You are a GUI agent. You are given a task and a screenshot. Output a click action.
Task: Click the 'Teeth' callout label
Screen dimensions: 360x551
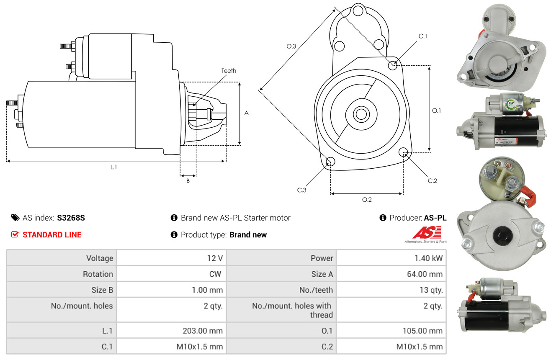(229, 71)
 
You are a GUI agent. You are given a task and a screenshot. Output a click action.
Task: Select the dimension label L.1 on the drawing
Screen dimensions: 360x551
(113, 167)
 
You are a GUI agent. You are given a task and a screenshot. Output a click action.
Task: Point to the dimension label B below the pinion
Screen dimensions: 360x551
(188, 181)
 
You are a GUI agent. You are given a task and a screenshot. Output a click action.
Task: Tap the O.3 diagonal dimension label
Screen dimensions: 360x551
(291, 46)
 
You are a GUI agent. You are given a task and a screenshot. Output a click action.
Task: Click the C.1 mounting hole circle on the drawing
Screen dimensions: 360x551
(393, 65)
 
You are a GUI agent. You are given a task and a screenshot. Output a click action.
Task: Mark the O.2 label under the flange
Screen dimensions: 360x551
(367, 200)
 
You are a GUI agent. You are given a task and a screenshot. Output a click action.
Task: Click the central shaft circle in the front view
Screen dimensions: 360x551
(360, 114)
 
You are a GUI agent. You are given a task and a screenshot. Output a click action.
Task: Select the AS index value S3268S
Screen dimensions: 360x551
(71, 218)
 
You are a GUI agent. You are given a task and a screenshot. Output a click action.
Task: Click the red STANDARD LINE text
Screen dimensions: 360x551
(52, 235)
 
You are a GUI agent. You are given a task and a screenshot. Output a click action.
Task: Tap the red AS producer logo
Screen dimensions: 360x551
(427, 233)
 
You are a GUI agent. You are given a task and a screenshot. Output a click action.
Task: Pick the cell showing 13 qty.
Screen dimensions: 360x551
(432, 290)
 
